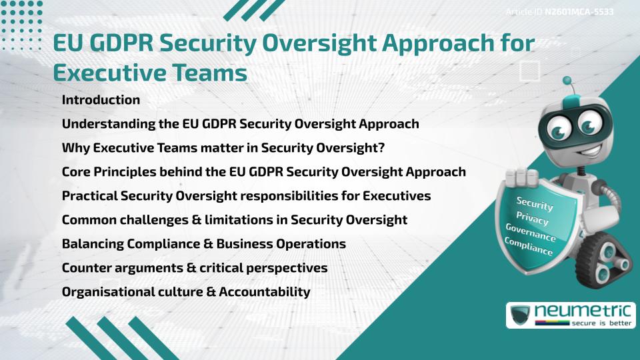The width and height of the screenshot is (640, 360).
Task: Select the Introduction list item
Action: (x=101, y=100)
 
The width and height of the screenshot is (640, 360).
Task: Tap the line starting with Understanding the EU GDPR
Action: (x=240, y=124)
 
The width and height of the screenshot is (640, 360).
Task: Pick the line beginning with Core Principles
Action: (x=263, y=172)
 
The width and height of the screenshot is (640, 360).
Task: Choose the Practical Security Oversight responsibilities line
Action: (x=246, y=196)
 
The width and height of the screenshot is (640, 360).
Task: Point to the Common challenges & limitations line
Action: (x=234, y=220)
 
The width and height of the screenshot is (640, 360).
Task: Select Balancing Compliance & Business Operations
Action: (x=203, y=244)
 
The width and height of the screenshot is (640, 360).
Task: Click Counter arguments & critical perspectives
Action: (x=194, y=268)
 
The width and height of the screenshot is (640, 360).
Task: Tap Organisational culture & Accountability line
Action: (x=185, y=292)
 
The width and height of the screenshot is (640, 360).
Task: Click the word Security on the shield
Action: (x=535, y=204)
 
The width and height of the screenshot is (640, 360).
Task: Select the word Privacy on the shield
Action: (x=533, y=219)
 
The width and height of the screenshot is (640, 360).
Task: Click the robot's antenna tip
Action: (x=568, y=81)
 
